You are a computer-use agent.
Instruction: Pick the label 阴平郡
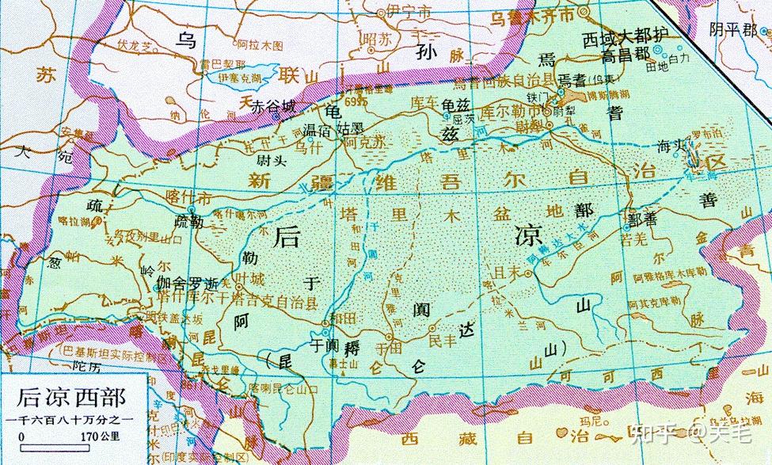click(x=733, y=30)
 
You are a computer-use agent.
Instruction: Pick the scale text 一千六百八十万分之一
click(x=70, y=418)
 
